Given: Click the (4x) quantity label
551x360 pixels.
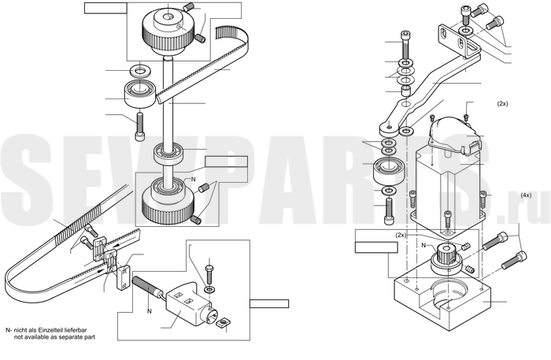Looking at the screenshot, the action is (x=526, y=195).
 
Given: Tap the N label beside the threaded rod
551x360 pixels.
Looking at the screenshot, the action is (x=150, y=311).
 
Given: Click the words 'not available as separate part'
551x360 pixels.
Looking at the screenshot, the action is (x=54, y=337).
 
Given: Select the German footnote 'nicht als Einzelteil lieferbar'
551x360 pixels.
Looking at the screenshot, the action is (x=50, y=330).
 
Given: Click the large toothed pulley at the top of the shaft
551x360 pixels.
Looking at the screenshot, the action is (x=168, y=31).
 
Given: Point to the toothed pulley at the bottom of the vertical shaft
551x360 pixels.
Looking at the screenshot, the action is (x=167, y=201).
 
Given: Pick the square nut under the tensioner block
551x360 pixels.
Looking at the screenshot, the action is (x=222, y=323).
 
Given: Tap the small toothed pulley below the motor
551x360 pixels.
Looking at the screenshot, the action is (x=446, y=259).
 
